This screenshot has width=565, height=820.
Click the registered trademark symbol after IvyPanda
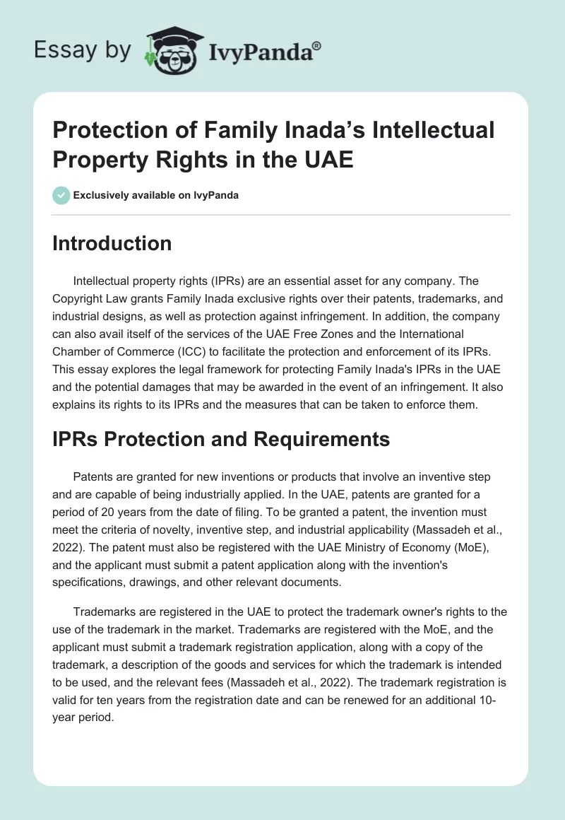coord(317,46)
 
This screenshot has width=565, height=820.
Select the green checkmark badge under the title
coord(61,195)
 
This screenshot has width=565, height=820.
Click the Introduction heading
coord(112,243)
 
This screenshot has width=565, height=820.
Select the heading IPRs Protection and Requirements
coord(221,439)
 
